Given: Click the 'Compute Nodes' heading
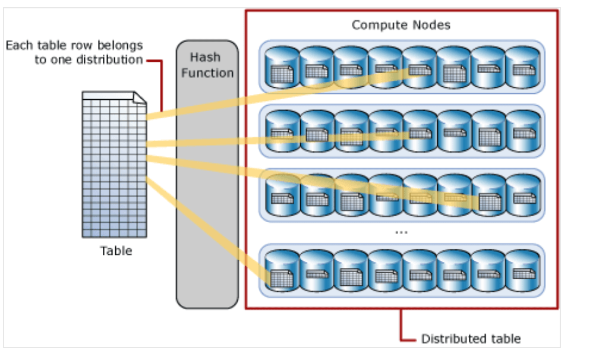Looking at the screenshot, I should point(401,25).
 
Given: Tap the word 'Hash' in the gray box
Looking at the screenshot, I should point(205,58).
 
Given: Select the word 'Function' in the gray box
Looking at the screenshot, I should point(207,73).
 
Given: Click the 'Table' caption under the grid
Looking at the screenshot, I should point(116,251).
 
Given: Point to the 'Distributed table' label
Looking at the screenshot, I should point(471,339).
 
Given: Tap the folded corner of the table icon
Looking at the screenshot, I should point(139,98).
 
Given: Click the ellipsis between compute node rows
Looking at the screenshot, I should point(401,232).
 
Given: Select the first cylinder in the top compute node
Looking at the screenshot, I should point(281,67).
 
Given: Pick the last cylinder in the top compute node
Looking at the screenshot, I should point(522,67).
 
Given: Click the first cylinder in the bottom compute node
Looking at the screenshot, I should point(281,271).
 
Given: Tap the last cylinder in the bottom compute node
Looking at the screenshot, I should point(522,271).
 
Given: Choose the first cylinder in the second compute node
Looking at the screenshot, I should point(281,131).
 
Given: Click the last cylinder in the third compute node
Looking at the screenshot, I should point(522,195).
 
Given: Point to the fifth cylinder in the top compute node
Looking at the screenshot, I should point(419,67).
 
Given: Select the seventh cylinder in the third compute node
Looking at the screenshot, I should point(488,195).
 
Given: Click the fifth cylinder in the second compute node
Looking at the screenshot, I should point(419,131).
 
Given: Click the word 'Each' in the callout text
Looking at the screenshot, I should point(18,45).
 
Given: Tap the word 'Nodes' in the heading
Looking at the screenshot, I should point(432,25).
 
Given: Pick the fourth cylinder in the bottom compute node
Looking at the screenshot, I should point(384,271).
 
